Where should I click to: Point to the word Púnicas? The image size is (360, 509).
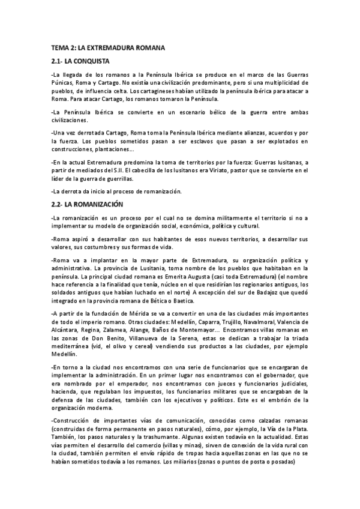64,82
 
